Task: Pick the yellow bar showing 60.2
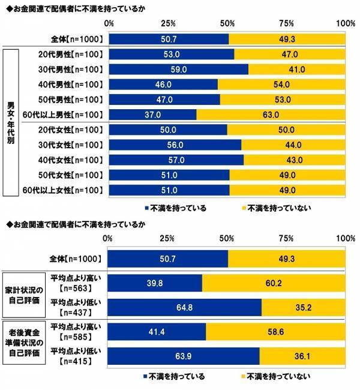pyautogui.click(x=274, y=283)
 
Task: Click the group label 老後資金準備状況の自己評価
pyautogui.click(x=23, y=343)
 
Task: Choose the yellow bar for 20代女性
pyautogui.click(x=286, y=130)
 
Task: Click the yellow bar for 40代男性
pyautogui.click(x=281, y=84)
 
